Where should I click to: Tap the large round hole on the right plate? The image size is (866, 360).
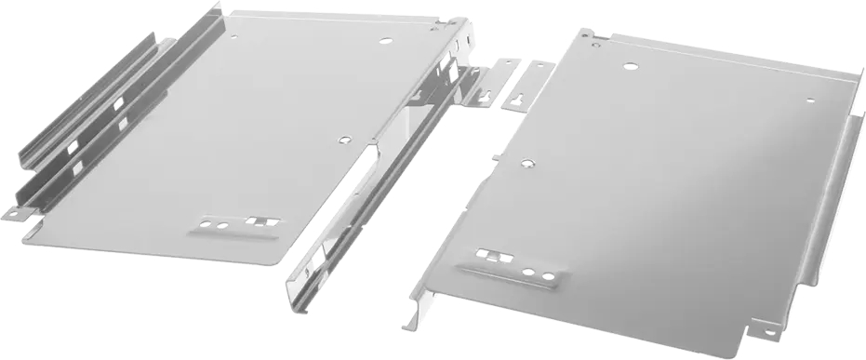coord(631,67)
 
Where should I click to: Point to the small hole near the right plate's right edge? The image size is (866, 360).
coord(810,100)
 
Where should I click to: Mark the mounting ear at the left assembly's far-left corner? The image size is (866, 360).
coord(14,214)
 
